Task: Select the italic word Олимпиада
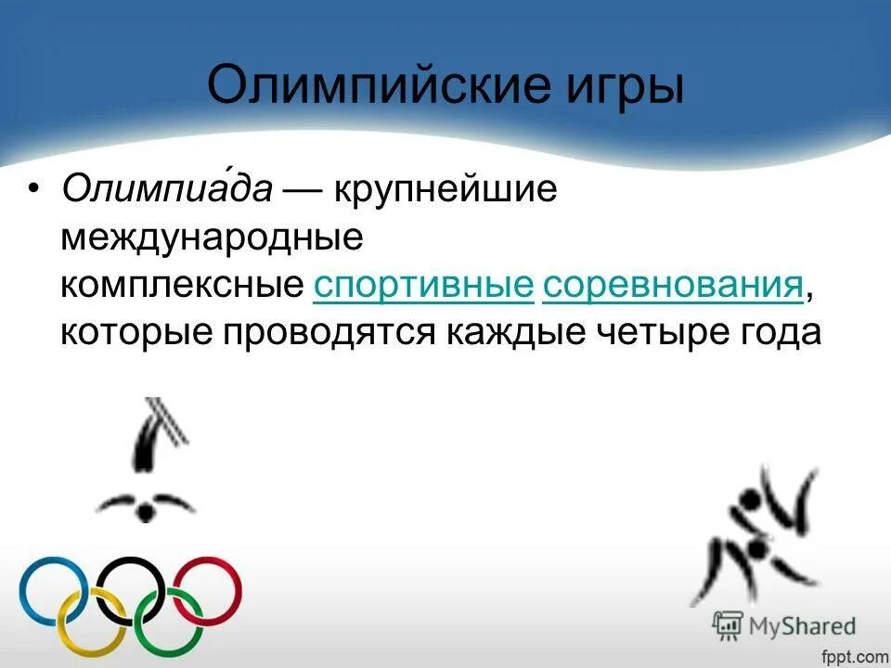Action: point(167,190)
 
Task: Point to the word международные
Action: point(211,238)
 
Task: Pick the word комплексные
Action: point(183,287)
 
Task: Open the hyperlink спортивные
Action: point(424,287)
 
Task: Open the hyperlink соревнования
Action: point(673,287)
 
